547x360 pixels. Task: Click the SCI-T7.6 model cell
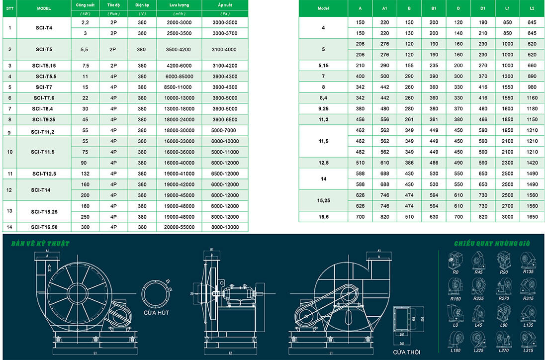(44, 98)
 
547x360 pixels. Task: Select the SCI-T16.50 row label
(44, 227)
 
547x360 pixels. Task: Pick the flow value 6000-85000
(179, 76)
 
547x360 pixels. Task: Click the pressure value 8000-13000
(225, 227)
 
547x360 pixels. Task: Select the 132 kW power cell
(85, 174)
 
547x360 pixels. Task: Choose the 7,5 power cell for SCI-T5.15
(85, 66)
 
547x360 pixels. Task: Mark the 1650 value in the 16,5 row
(532, 217)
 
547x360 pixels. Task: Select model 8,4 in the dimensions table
(323, 98)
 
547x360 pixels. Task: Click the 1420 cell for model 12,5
(532, 163)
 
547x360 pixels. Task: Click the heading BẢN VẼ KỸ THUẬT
(41, 244)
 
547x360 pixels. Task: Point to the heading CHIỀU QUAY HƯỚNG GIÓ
(492, 244)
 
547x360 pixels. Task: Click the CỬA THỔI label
(404, 352)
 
